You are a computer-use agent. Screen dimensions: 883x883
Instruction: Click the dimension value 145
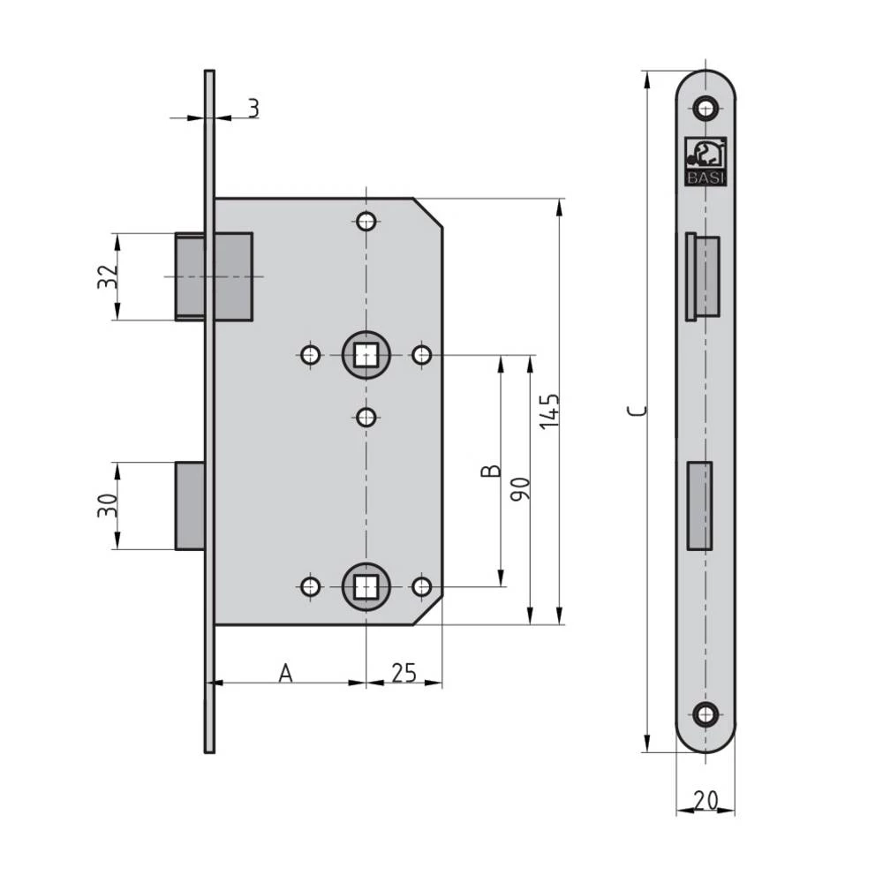(549, 411)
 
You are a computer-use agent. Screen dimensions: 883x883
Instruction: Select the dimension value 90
(520, 487)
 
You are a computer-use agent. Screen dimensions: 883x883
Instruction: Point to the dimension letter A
(285, 674)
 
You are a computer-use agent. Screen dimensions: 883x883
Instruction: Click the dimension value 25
(403, 674)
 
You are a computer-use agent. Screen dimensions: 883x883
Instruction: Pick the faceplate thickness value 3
(253, 109)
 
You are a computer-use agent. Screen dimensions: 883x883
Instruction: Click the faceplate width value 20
(705, 800)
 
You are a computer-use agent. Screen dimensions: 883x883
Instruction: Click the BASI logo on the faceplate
(705, 162)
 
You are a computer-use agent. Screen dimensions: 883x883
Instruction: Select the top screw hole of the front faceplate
(705, 109)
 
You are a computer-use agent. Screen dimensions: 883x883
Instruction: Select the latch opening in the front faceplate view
(703, 277)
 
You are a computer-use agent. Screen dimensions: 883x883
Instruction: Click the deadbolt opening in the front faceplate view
(700, 506)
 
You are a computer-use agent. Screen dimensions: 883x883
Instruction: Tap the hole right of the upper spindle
(423, 356)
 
